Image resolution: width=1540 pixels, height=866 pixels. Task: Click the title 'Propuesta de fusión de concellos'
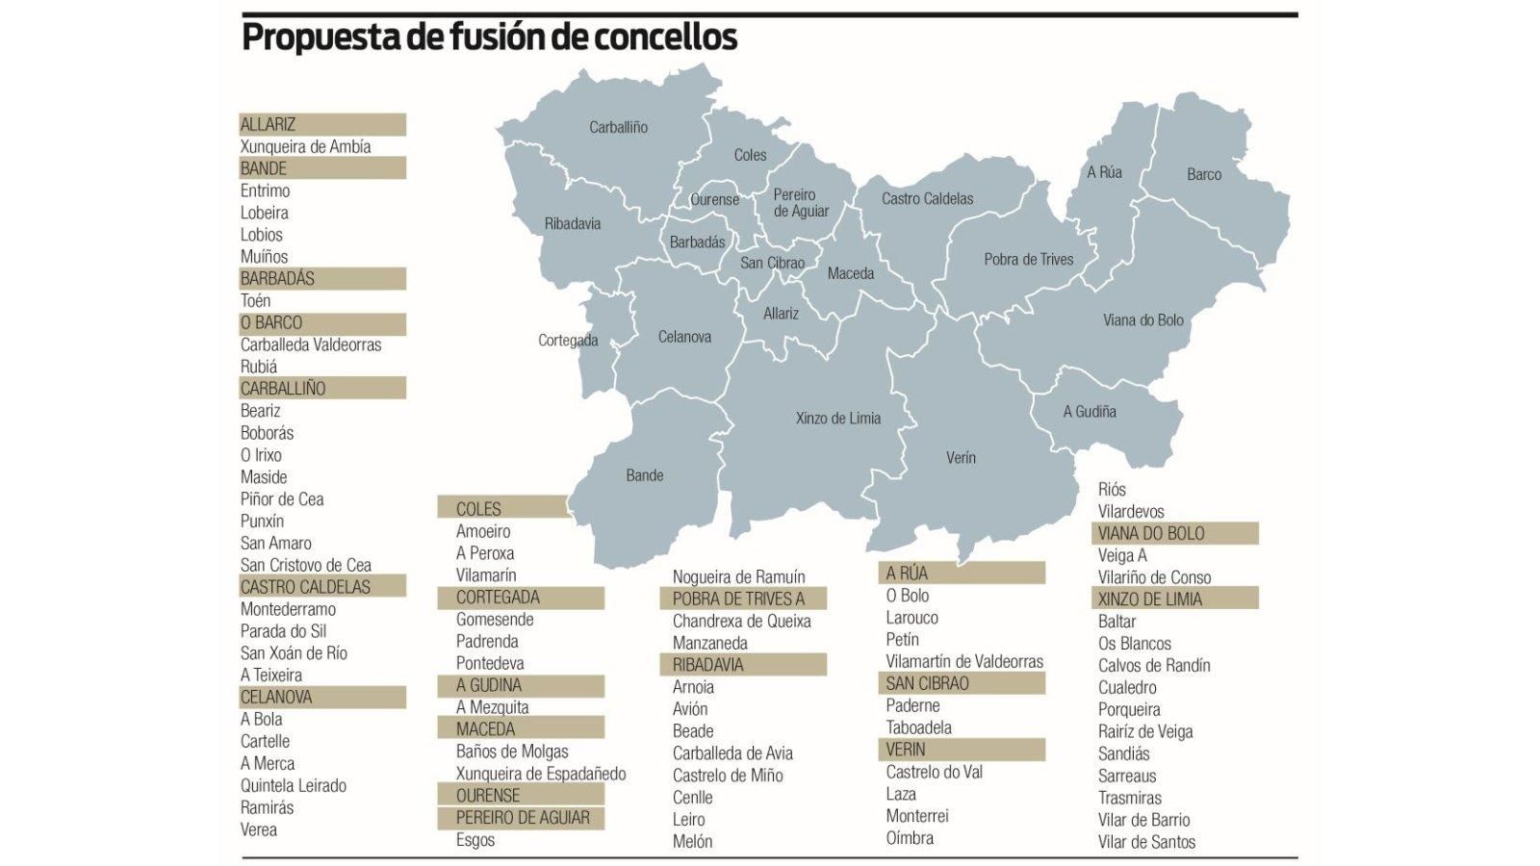tap(489, 38)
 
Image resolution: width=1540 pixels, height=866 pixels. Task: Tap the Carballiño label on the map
tap(618, 127)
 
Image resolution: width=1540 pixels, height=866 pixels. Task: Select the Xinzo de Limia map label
tap(837, 419)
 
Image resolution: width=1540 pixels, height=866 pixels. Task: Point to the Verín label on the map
tap(961, 458)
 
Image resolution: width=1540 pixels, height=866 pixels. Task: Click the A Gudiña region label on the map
tap(1090, 412)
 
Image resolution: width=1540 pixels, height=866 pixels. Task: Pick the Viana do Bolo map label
tap(1142, 320)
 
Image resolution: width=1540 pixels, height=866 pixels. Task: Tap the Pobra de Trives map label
tap(1028, 260)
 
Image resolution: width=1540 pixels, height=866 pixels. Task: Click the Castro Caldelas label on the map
tap(927, 199)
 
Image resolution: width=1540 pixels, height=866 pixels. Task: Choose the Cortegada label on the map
tap(568, 341)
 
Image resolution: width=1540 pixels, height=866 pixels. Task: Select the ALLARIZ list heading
tap(269, 125)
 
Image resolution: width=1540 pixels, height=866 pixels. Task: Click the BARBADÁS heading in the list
tap(278, 279)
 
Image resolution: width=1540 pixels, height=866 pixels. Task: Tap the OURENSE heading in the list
tap(488, 796)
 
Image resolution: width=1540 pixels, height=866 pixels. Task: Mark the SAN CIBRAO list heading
tap(927, 684)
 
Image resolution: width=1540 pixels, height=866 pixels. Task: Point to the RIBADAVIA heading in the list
tap(707, 665)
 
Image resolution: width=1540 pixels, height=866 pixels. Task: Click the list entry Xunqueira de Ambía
tap(305, 147)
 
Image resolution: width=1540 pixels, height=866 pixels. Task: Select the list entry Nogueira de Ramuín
tap(738, 577)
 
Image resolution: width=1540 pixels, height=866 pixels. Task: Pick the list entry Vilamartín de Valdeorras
tap(964, 662)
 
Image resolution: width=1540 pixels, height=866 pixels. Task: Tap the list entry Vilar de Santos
tap(1146, 842)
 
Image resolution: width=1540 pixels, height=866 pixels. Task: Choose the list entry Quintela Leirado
tap(293, 786)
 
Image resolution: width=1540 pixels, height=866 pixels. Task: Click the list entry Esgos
tap(475, 840)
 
